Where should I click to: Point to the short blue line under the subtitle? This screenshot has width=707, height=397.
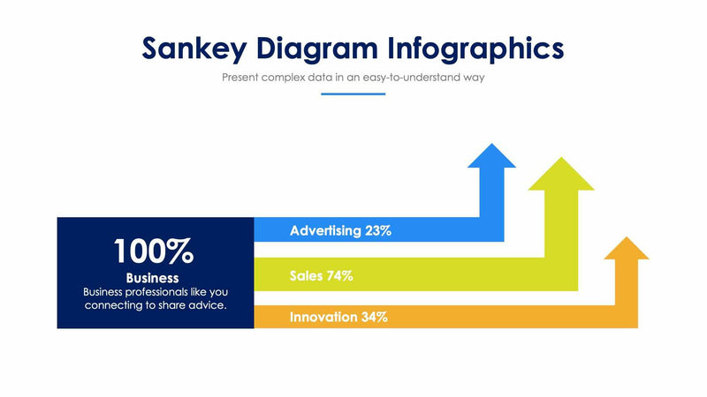[353, 94]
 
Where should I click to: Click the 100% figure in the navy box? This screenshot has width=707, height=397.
[154, 251]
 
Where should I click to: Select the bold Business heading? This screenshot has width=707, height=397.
[153, 278]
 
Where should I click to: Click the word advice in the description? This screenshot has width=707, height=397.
[209, 305]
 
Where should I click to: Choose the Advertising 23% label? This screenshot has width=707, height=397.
[340, 231]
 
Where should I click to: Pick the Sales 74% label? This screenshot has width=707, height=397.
[321, 275]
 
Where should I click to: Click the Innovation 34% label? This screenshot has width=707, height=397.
[338, 317]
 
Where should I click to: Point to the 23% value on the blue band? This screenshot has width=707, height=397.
[377, 231]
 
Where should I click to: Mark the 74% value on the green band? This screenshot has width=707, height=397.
[339, 275]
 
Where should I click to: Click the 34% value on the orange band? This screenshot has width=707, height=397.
[374, 317]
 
